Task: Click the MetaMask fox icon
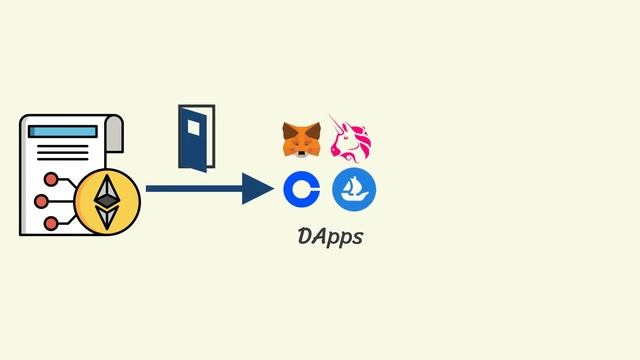click(x=301, y=140)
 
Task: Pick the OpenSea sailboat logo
click(x=353, y=189)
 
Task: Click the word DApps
click(x=330, y=237)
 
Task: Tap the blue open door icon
click(x=196, y=136)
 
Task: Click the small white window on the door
click(x=193, y=127)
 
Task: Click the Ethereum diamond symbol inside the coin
click(x=107, y=202)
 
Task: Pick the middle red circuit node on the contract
click(x=41, y=202)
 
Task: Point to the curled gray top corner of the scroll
click(x=114, y=124)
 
